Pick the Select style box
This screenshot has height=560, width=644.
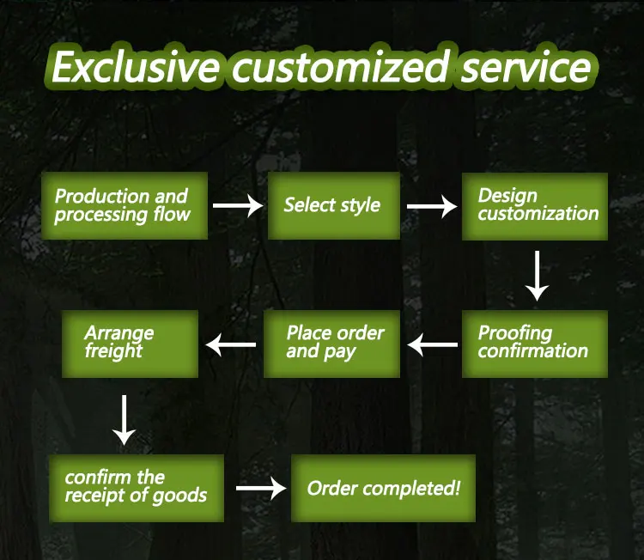point(333,206)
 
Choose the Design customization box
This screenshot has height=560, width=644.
point(535,206)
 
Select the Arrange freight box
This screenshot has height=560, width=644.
point(131,344)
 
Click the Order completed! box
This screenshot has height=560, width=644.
point(383,488)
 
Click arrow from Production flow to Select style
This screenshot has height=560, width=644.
point(237,206)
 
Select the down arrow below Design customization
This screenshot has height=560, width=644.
point(537,275)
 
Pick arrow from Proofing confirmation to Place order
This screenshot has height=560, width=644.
point(433,345)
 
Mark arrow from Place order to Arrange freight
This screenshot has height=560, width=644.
point(231,345)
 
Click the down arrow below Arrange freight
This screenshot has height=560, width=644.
point(125,419)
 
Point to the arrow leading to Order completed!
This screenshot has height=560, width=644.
point(260,489)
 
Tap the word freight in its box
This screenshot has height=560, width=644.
point(114,351)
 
